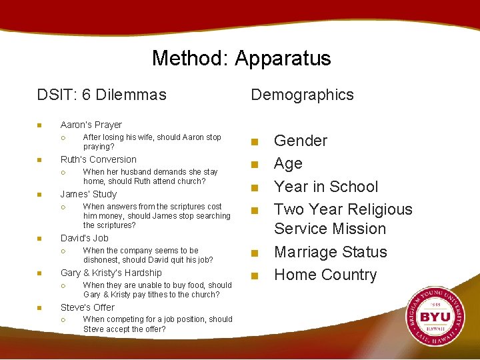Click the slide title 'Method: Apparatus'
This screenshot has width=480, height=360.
point(241,58)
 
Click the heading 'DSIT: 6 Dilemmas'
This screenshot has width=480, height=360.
point(101,95)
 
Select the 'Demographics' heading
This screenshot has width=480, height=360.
point(302,95)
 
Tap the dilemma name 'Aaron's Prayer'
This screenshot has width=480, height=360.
point(91,125)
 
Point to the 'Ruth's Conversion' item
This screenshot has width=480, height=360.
point(98,159)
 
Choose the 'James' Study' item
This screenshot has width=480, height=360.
point(88,194)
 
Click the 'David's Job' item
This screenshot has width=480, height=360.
point(84,238)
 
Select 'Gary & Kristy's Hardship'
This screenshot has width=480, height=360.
point(111,273)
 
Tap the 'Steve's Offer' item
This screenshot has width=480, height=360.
point(87,307)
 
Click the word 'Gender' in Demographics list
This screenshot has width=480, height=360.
point(301,141)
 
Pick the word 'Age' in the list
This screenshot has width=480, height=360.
point(288,163)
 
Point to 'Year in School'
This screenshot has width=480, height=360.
point(326,187)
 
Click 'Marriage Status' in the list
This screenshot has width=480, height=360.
point(331,252)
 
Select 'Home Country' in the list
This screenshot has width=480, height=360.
point(325,275)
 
